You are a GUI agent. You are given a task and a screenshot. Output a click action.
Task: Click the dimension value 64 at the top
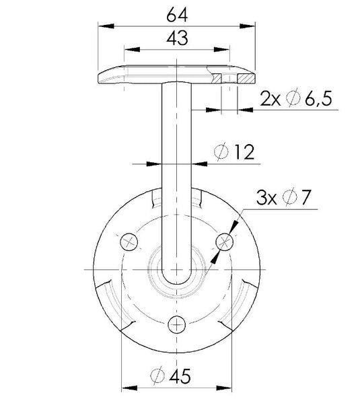(x=177, y=15)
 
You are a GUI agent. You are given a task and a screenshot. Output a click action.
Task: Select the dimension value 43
(x=177, y=38)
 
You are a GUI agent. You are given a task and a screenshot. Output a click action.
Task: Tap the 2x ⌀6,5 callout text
(x=296, y=99)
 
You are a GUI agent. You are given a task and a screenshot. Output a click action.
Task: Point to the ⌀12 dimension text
(x=234, y=152)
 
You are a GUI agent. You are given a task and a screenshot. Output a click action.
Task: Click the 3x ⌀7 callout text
(x=283, y=197)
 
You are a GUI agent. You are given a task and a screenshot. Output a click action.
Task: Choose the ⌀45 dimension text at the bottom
(x=170, y=376)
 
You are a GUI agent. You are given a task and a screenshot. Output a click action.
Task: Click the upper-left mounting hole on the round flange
(x=129, y=242)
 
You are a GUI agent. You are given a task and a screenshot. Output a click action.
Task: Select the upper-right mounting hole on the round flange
(x=225, y=242)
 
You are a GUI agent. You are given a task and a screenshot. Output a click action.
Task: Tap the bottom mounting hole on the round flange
(x=177, y=325)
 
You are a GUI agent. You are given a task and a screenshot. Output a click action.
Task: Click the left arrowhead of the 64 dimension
(x=106, y=26)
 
